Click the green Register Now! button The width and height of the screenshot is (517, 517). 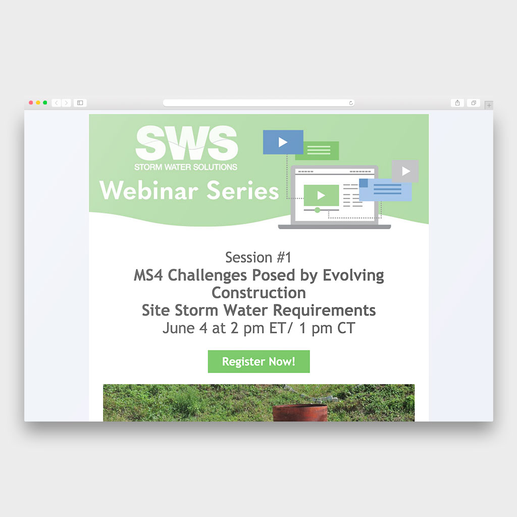258,361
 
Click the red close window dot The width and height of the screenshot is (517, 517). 31,102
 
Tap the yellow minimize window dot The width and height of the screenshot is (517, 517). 38,102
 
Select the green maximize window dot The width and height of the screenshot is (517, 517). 45,102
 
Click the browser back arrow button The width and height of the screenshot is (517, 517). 57,103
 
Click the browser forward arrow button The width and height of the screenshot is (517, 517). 66,103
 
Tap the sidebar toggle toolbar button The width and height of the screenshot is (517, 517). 80,103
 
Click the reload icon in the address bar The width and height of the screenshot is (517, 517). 351,103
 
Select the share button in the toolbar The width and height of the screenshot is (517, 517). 457,103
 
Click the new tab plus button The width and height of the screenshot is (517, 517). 489,105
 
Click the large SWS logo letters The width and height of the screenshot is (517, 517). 187,143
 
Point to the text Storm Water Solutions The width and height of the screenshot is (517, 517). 186,167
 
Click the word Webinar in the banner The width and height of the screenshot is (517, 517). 149,190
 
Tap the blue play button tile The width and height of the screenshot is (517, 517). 283,142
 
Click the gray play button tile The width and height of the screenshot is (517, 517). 405,171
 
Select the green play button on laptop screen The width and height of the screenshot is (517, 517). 321,195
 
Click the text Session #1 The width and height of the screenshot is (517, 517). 258,257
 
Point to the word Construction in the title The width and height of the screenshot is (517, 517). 259,293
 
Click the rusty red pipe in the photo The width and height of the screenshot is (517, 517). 300,413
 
